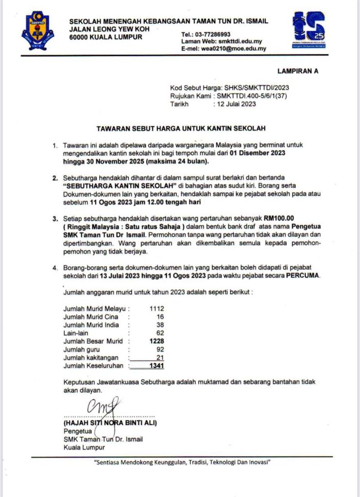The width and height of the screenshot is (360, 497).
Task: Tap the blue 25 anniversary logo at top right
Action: coord(309,30)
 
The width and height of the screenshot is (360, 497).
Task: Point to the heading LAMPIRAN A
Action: coord(299,71)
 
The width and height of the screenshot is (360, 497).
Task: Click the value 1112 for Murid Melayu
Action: coord(157,309)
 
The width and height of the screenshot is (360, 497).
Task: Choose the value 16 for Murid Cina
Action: coord(160,317)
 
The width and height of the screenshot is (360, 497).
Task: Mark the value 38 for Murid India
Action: coord(160,325)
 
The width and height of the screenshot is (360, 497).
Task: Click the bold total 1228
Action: coord(156,341)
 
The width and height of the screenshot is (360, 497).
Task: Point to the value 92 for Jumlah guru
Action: coord(160,349)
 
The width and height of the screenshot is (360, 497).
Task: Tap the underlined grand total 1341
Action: coord(156,366)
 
